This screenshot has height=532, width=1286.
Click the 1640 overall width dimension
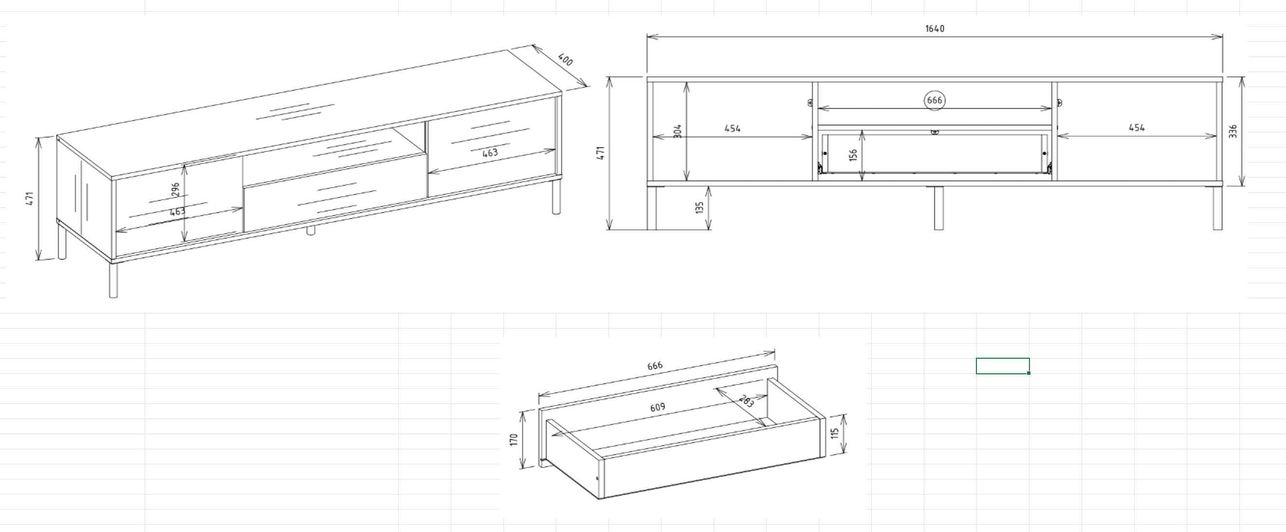point(935,28)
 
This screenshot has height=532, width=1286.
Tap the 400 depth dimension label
point(565,60)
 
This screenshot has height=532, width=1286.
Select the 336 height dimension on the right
point(1233,131)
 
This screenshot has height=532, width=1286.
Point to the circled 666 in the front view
point(934,100)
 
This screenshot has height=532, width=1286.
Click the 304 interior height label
point(678,131)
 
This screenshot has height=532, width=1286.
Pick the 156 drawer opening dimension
point(853,155)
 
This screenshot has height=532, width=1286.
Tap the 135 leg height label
point(699,207)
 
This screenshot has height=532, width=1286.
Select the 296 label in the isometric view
point(175,190)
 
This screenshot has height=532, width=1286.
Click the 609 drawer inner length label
point(658,407)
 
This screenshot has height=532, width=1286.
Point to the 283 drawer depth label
point(746,401)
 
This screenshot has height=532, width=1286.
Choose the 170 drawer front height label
point(514,440)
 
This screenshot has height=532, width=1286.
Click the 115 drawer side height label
point(835,433)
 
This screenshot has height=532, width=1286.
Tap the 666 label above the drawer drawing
point(655,366)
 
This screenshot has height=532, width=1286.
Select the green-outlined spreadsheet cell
point(1002,366)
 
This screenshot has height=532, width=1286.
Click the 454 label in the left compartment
point(733,128)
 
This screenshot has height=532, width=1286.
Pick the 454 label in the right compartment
point(1137,127)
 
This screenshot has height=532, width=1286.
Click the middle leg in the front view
point(938,208)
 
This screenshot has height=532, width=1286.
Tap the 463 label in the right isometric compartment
point(490,153)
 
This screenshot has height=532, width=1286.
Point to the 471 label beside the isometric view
point(30,198)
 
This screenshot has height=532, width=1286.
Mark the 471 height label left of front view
point(601,153)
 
